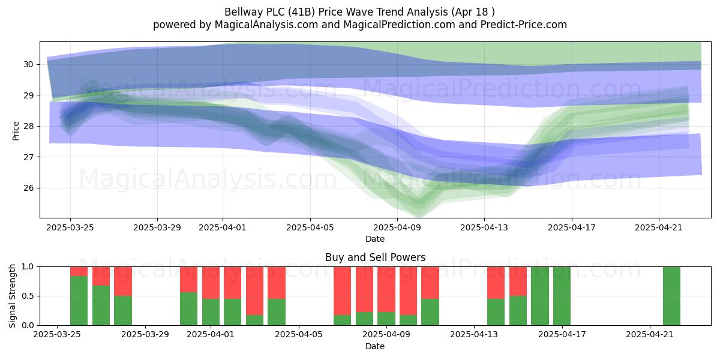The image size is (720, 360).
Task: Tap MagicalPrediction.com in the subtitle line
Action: pos(399,25)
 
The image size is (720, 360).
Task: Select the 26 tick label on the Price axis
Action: pos(28,188)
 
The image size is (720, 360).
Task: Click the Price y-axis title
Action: pos(16,131)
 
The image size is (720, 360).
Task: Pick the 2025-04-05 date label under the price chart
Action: pos(310,227)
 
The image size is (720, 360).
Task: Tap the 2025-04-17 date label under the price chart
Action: pos(571,227)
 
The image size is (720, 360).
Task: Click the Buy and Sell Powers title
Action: pos(375,257)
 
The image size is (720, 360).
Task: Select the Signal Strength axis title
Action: pos(12,296)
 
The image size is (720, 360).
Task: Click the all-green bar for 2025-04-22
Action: pos(671,296)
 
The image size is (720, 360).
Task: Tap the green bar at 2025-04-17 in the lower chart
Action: pos(562,296)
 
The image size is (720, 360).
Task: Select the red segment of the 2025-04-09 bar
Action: pos(386,289)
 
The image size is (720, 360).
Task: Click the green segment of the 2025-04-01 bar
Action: pos(211,312)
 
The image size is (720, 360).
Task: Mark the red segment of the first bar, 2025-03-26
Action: pos(79,271)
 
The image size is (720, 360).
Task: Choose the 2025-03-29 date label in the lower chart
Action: pos(145,334)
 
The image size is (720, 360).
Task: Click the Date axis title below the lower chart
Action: pos(375,346)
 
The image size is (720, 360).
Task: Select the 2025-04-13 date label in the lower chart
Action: pos(474,334)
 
